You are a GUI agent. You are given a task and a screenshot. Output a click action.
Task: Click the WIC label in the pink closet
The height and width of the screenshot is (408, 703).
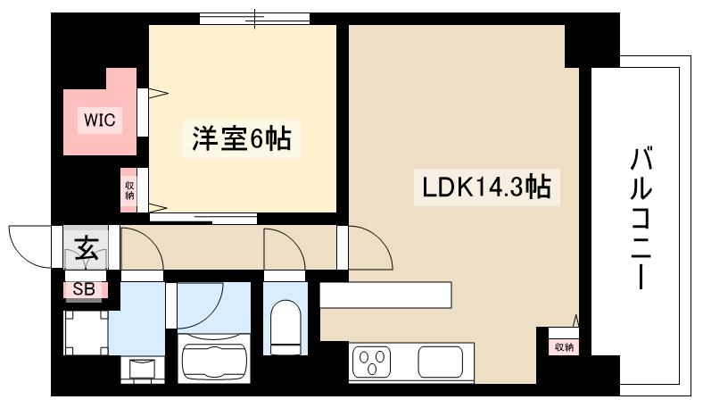99,120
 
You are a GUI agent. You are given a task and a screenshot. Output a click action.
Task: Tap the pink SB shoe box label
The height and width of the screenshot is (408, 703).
84,289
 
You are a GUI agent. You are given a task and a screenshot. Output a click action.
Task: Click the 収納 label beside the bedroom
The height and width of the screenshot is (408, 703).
130,190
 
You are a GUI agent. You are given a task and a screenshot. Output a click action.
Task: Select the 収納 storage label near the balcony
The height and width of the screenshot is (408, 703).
563,346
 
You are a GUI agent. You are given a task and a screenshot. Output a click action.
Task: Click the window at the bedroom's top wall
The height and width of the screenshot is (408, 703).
254,18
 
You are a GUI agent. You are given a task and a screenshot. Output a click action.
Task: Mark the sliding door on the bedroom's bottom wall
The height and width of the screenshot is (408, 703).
203,215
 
